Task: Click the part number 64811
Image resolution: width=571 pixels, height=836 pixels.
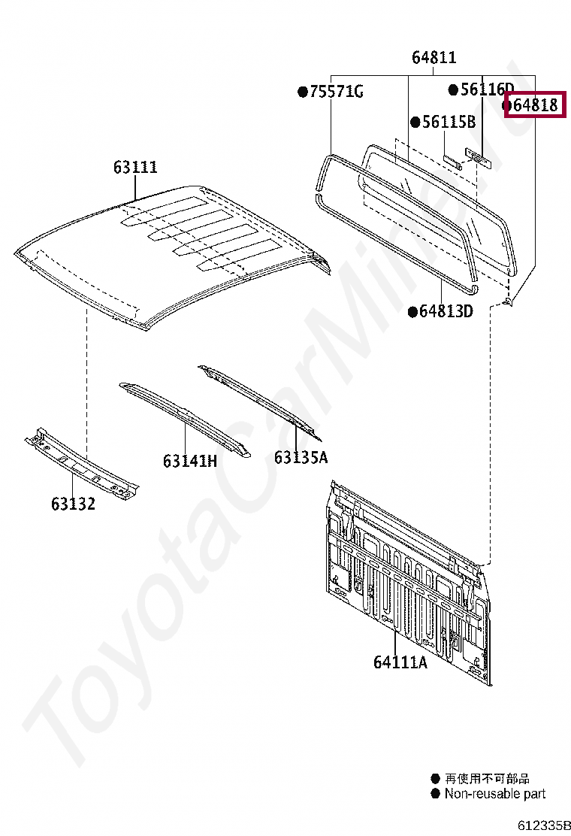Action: click(434, 58)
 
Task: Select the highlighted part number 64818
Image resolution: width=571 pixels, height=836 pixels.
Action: click(535, 104)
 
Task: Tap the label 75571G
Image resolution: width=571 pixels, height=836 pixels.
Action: click(337, 92)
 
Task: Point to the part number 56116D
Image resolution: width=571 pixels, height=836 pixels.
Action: click(487, 89)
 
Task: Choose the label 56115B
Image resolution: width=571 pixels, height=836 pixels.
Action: click(449, 122)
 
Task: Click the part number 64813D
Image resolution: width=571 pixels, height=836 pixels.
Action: click(446, 311)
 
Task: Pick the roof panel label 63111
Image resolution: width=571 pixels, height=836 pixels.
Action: click(135, 167)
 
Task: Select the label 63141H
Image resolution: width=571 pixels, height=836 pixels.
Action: click(189, 461)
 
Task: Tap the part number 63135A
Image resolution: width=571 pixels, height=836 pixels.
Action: click(301, 457)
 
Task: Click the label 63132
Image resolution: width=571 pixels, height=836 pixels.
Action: click(73, 504)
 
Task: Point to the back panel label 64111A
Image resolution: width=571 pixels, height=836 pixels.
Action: click(400, 662)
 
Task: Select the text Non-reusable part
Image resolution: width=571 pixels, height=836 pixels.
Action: click(494, 794)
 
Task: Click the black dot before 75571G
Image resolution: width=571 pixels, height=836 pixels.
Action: click(303, 92)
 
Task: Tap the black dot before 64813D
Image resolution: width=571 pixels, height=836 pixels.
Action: click(412, 311)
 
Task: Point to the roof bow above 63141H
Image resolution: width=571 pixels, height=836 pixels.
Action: click(184, 417)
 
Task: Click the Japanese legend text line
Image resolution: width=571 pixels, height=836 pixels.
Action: click(487, 779)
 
